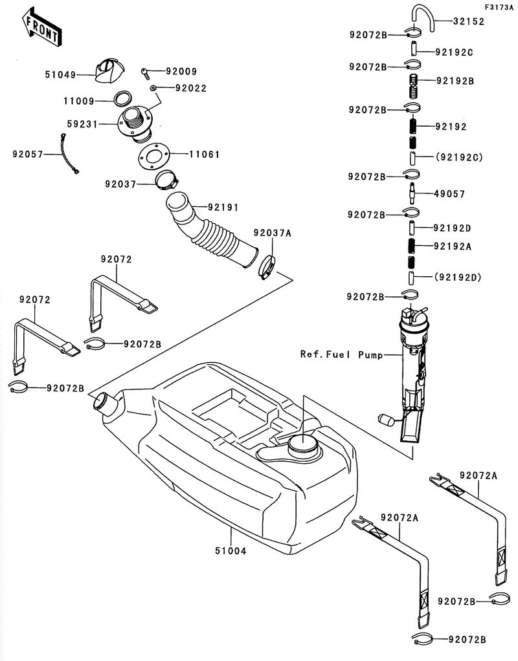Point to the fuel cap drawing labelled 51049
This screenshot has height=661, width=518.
point(105,70)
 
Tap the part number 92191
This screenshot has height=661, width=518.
point(223,208)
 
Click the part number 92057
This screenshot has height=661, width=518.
point(28,154)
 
